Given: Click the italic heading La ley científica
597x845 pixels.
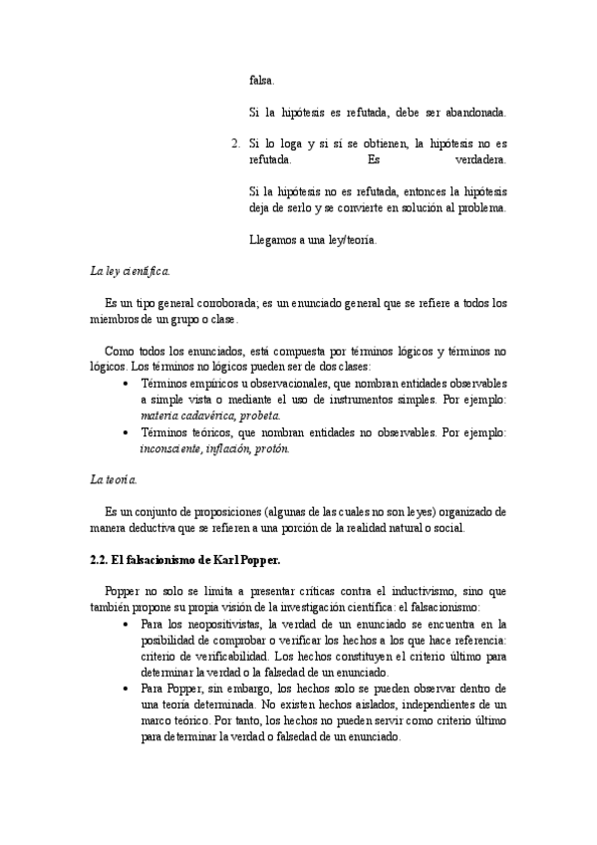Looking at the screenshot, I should tap(130, 270).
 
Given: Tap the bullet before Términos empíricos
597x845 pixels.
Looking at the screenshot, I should tap(124, 384).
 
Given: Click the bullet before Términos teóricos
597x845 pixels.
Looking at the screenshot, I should tap(124, 432).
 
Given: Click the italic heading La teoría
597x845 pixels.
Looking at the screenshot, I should tap(113, 480).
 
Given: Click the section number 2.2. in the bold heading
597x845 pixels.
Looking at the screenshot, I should tap(100, 560).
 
